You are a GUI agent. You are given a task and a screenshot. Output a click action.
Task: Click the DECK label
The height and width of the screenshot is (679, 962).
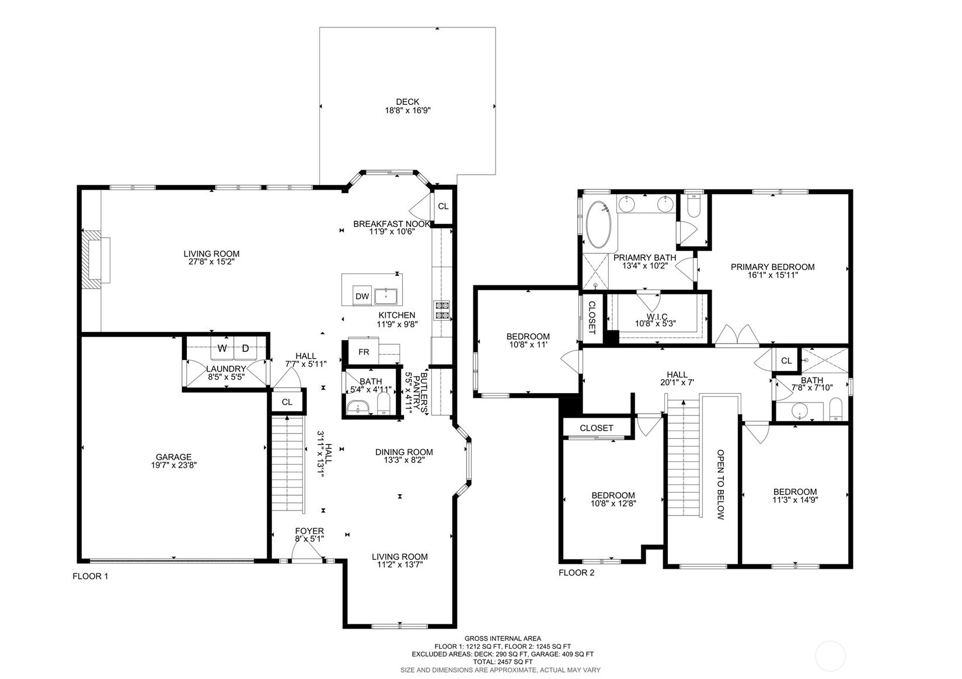[x=407, y=101]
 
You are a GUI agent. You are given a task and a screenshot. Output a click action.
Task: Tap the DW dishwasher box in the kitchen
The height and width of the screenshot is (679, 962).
[x=362, y=296]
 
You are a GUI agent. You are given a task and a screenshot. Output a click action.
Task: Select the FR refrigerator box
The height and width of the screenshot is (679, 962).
[x=363, y=352]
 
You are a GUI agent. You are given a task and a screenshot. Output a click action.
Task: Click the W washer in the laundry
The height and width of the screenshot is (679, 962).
[x=222, y=348]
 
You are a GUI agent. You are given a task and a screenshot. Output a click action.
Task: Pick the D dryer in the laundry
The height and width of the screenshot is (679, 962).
[x=246, y=348]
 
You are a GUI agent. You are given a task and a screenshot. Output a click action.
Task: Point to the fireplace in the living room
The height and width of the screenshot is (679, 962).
[x=95, y=260]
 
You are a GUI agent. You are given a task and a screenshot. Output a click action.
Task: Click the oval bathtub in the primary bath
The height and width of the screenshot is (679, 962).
[x=599, y=225]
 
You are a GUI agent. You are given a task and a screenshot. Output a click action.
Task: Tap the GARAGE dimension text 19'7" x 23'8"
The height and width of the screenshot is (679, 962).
[x=173, y=465]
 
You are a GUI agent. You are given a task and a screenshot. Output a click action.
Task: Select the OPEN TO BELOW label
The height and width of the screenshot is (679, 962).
[x=721, y=485]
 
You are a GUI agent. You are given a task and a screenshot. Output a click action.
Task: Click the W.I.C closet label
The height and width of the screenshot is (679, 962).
[x=657, y=317]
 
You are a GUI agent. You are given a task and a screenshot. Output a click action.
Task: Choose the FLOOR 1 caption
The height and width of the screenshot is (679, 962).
[x=90, y=576]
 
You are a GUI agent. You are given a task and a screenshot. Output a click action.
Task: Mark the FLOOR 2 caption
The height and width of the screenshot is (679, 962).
[x=576, y=573]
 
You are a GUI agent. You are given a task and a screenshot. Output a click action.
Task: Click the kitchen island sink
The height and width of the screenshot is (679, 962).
[x=386, y=296]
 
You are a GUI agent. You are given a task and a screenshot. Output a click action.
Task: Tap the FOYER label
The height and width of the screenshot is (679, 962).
[x=309, y=531]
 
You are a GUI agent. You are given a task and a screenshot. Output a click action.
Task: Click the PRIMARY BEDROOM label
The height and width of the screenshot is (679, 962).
[x=773, y=267]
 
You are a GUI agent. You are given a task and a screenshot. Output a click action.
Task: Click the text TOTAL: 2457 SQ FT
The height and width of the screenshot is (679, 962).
[x=503, y=662]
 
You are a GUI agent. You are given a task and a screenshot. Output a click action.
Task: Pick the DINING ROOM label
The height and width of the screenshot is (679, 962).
[x=404, y=452]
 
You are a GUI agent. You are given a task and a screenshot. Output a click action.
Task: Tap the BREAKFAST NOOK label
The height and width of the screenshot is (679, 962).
[x=391, y=223]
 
